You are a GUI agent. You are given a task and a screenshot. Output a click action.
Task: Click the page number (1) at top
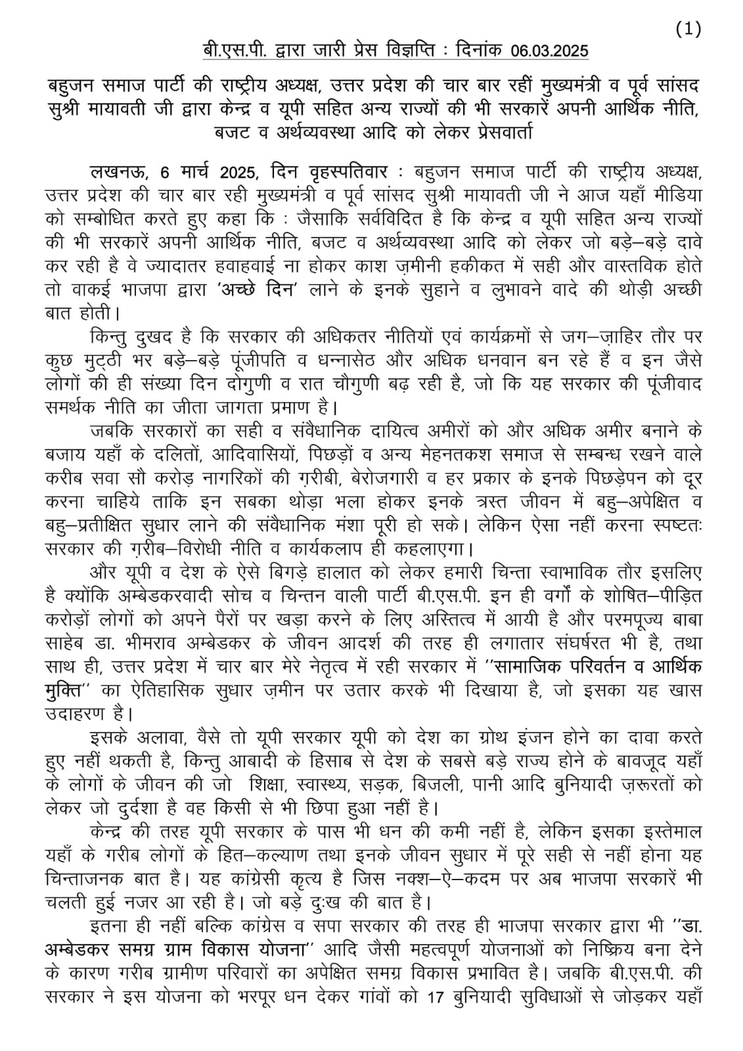[688, 29]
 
